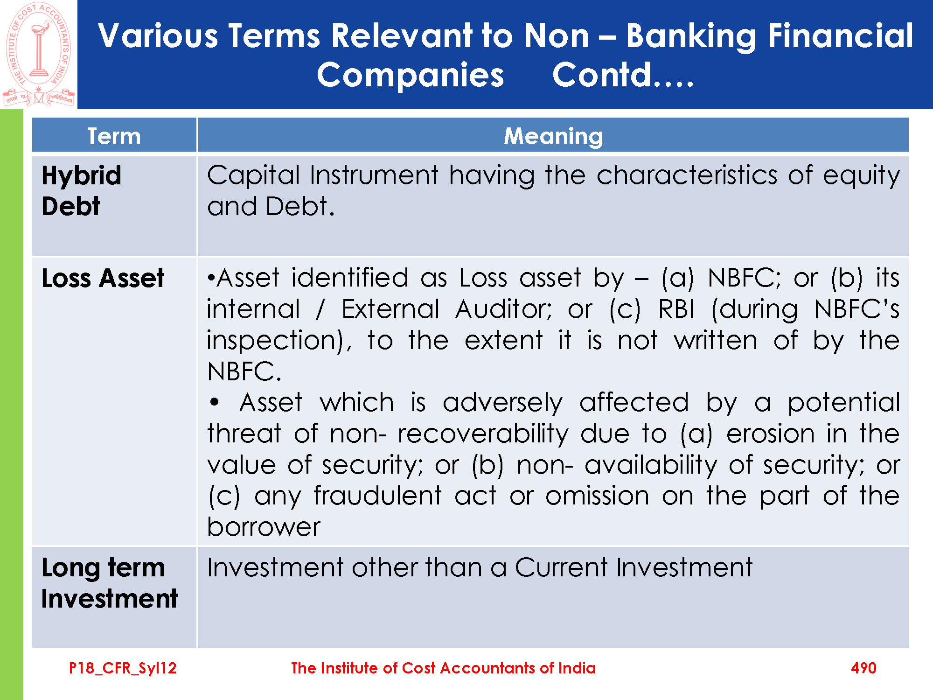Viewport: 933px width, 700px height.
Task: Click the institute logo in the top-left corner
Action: tap(38, 54)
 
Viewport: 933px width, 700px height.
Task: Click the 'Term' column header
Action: tap(114, 136)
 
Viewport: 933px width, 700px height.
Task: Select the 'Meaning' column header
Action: tap(553, 136)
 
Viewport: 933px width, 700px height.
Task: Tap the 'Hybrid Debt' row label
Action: tap(81, 191)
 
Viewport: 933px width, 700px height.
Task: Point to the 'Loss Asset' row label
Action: tap(103, 278)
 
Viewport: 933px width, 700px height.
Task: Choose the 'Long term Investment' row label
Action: tap(109, 583)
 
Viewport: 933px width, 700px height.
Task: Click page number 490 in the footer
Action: tap(863, 668)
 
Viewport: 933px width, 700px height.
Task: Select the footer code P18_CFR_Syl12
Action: tap(123, 668)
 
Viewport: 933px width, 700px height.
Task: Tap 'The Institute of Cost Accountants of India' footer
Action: tap(443, 668)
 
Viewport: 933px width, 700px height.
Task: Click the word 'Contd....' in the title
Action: tap(623, 75)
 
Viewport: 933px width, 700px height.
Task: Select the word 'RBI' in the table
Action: tap(676, 309)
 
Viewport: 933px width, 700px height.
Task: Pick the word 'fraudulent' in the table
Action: tap(377, 496)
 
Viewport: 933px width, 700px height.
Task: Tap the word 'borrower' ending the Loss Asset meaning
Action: tap(264, 527)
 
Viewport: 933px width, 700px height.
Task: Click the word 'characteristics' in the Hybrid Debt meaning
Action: tap(687, 175)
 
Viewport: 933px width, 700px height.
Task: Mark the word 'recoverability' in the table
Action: tap(483, 434)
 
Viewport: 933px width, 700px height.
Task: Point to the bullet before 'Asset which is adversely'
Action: tap(214, 402)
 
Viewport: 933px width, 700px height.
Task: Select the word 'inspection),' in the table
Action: tap(279, 341)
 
